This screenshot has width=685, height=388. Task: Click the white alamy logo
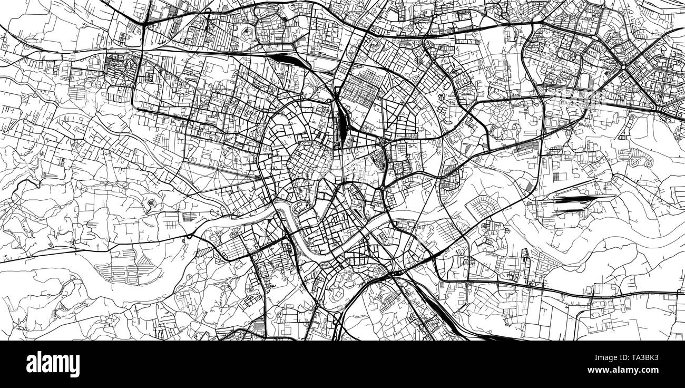pos(53,364)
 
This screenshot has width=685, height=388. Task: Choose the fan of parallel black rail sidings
pos(572,203)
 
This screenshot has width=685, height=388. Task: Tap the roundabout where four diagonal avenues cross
pos(622,67)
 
